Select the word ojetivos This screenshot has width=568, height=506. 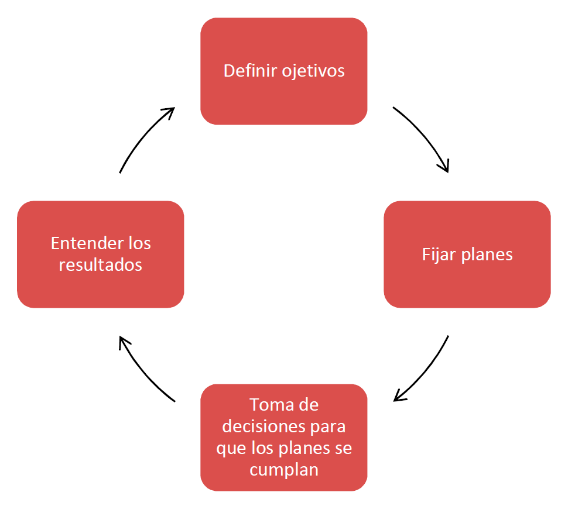(x=313, y=71)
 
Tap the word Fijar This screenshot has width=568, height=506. (x=439, y=255)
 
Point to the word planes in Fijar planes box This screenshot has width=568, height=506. (x=487, y=255)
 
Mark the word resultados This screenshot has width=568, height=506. (x=100, y=264)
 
